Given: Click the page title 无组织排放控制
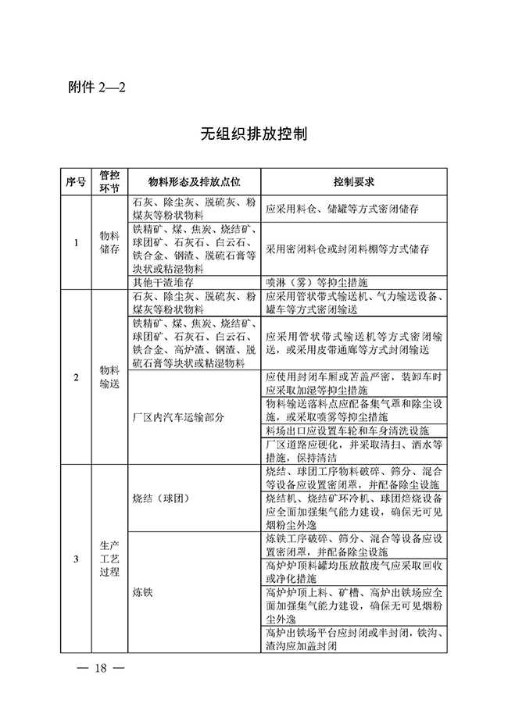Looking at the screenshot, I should point(253,134).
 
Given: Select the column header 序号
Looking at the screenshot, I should point(77,181).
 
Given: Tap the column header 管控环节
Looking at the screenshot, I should point(109,181).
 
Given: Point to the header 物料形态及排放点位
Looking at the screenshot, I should point(193,181).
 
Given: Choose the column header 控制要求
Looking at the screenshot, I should point(353,181).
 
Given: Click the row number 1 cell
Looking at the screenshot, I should point(77,242).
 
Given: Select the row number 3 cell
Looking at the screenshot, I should point(77,558).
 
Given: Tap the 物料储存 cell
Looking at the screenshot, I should point(109,242).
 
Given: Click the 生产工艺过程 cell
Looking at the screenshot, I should point(109,558).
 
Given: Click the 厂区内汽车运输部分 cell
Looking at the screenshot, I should point(179,417).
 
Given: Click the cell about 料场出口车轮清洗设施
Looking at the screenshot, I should point(347,430).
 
